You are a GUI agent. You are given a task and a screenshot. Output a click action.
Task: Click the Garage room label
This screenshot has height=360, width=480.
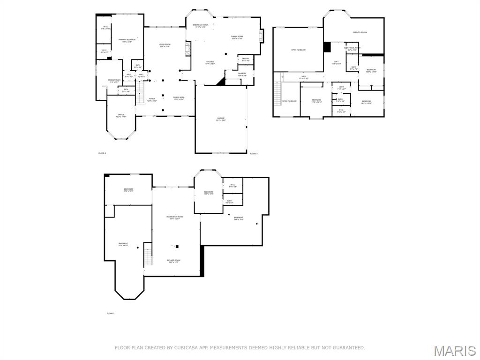pyautogui.click(x=220, y=119)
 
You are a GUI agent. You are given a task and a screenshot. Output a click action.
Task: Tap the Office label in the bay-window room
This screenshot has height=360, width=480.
pyautogui.click(x=121, y=115)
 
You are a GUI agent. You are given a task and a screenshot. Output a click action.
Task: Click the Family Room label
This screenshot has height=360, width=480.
pyautogui.click(x=237, y=37)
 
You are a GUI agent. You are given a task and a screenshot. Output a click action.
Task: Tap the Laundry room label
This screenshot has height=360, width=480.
pyautogui.click(x=242, y=74)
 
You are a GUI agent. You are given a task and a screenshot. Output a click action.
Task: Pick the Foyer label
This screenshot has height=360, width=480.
pyautogui.click(x=152, y=99)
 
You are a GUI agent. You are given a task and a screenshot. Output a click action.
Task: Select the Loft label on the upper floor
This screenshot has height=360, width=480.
pyautogui.click(x=336, y=62)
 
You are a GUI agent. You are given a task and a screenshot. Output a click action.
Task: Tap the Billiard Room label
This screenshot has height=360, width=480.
pyautogui.click(x=173, y=261)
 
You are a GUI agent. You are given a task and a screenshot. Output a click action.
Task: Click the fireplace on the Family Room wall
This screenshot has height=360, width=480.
pyautogui.click(x=262, y=36)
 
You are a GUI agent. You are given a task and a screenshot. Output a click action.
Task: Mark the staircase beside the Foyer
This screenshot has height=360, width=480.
pyautogui.click(x=139, y=92)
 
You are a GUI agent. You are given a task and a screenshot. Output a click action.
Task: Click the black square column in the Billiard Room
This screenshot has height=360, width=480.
pyautogui.click(x=177, y=246)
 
